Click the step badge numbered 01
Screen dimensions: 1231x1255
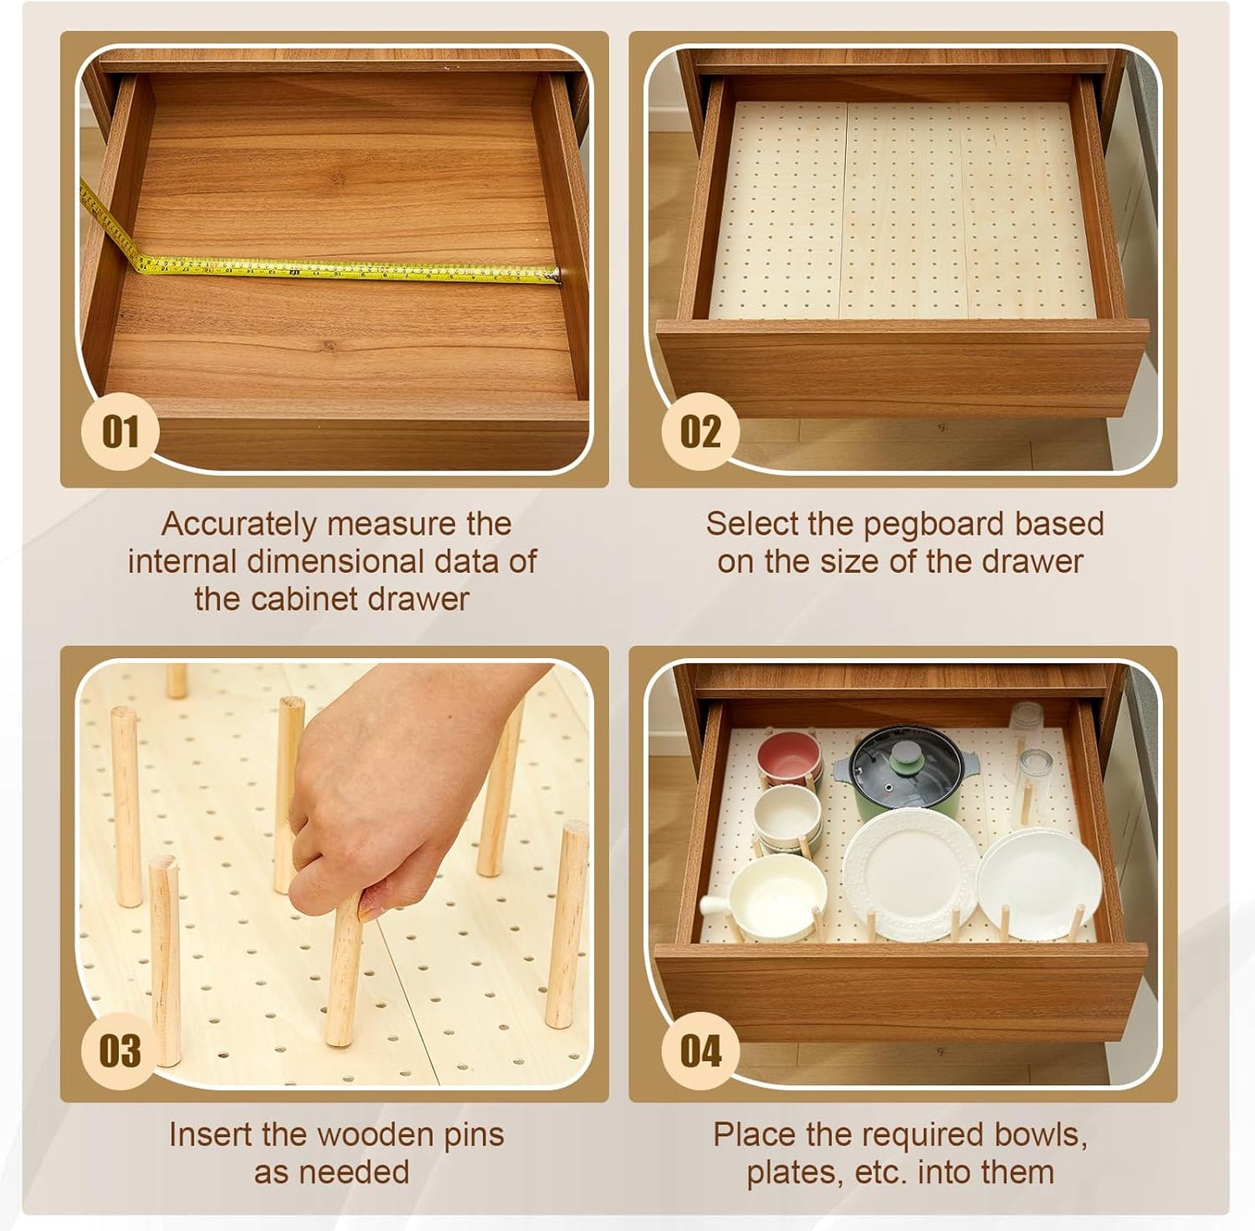click(x=120, y=431)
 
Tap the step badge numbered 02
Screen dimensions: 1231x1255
click(x=700, y=431)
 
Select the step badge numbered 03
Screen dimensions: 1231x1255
click(x=120, y=1050)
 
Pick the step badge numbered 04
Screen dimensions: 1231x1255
click(x=700, y=1050)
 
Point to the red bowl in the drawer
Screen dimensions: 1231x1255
click(x=789, y=757)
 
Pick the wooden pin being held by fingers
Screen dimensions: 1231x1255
click(x=345, y=972)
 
